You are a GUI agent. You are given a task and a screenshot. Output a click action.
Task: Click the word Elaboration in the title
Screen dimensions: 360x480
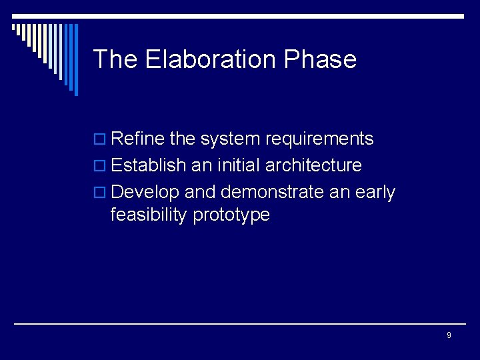pos(211,59)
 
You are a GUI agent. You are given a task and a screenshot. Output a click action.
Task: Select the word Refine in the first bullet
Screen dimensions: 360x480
pos(138,139)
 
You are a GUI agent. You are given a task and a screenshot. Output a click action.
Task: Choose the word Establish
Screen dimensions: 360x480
pos(146,165)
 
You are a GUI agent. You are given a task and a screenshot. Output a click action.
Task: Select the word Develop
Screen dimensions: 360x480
pos(145,193)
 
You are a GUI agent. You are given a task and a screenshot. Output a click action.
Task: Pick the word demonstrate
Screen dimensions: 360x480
pos(271,192)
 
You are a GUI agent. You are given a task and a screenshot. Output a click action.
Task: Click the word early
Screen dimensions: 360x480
pos(376,193)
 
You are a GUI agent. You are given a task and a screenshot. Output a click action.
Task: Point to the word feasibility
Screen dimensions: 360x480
pos(149,215)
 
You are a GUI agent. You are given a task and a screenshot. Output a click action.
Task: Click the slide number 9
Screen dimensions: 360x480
pos(449,335)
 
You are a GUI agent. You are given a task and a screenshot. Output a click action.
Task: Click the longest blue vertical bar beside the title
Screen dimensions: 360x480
pos(75,59)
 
